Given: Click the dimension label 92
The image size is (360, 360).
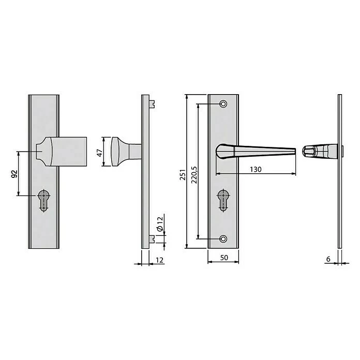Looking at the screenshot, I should tap(14, 173).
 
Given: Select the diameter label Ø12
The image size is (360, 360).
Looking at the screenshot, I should tap(159, 223).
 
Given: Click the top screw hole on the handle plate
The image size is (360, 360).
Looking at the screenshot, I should tap(223, 104).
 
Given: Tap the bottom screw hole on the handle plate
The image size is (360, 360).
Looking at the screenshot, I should tap(223, 238).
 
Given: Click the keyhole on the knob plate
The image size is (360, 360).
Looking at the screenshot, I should tap(43, 200).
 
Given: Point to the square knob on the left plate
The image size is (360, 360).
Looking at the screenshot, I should tap(67, 151).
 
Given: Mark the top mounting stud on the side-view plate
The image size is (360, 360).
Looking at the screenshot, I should tap(153, 103).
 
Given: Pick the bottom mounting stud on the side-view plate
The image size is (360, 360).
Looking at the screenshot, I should tap(153, 238).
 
